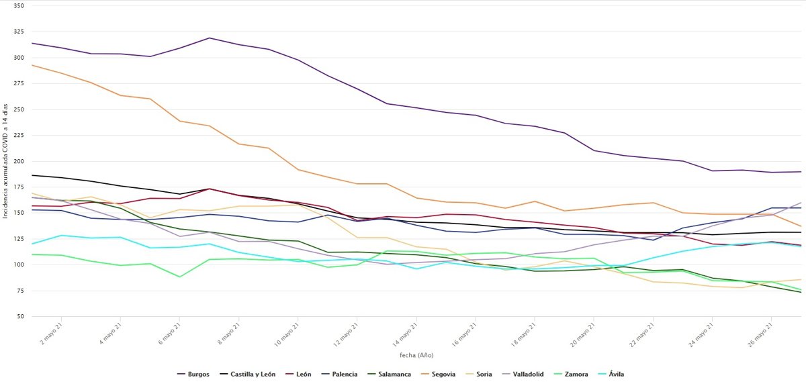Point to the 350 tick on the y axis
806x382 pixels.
tap(19, 6)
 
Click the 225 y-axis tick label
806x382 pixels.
tap(19, 136)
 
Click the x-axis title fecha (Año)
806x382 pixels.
tap(416, 354)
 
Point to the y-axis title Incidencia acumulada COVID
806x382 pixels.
tap(5, 160)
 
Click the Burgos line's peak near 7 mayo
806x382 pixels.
tap(210, 38)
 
